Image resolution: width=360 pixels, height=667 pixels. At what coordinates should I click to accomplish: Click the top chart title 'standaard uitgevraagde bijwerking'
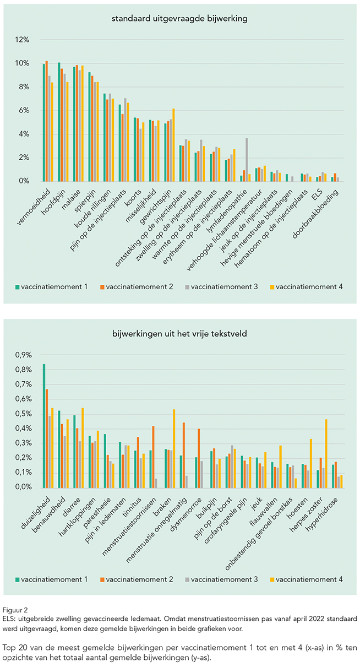(179, 19)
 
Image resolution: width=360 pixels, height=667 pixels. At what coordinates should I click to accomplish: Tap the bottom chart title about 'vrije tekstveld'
(179, 334)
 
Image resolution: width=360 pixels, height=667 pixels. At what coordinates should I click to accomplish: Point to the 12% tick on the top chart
(23, 40)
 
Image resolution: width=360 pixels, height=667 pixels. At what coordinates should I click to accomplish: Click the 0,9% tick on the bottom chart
(24, 355)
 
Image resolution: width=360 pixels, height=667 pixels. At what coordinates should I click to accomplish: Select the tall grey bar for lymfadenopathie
(247, 160)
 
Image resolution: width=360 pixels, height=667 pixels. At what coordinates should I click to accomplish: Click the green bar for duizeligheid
(44, 426)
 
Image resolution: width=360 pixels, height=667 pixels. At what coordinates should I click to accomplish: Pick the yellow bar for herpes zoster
(326, 453)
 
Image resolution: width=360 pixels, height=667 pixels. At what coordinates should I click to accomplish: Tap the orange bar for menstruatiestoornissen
(153, 457)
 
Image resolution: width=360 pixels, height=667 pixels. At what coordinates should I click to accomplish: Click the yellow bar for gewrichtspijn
(174, 145)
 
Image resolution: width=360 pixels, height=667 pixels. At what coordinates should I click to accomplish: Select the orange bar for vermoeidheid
(47, 121)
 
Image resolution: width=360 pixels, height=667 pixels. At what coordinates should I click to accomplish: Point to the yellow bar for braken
(174, 448)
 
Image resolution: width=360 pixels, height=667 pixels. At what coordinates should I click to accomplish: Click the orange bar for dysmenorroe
(199, 458)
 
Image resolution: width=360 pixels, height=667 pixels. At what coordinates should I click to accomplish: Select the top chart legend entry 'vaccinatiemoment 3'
(221, 287)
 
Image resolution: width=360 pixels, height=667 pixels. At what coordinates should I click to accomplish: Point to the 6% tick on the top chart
(24, 111)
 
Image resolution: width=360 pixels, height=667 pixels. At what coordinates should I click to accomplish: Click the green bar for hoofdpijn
(59, 122)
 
